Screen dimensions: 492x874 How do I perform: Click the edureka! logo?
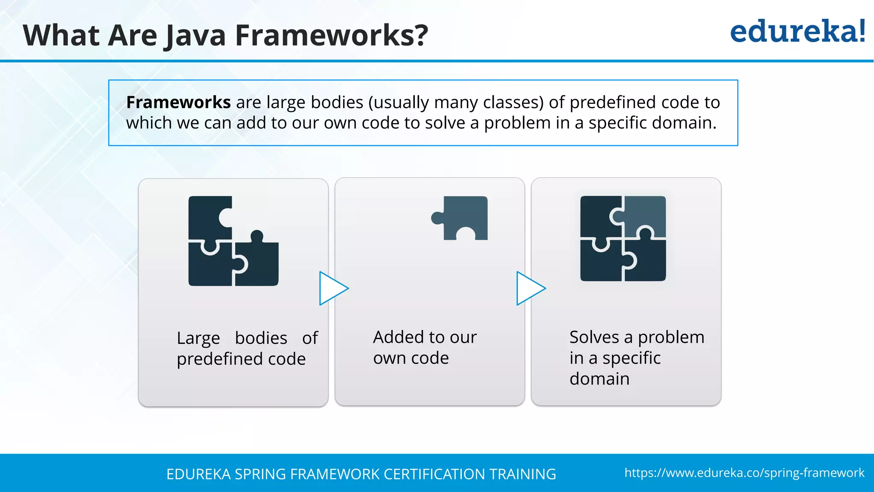pos(797,32)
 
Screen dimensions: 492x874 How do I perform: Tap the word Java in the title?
pos(195,35)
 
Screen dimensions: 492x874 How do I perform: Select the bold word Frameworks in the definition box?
pos(178,102)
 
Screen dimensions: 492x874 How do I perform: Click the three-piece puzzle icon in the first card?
pos(233,241)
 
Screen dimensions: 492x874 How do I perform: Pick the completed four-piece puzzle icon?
pos(623,238)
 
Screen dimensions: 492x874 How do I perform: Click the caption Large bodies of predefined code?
pos(247,348)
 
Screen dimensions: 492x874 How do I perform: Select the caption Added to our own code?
pos(424,348)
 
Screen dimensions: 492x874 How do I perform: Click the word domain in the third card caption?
pos(599,379)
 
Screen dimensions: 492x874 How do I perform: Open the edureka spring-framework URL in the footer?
pos(744,473)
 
